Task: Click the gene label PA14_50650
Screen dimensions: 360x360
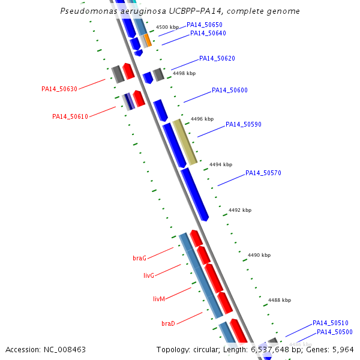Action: coord(204,25)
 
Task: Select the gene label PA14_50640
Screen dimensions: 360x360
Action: coord(208,33)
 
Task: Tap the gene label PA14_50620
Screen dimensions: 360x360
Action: coord(217,59)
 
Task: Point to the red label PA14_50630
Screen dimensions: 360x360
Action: coord(59,89)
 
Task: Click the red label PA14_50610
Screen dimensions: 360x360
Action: coord(70,116)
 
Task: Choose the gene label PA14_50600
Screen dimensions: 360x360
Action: coord(229,90)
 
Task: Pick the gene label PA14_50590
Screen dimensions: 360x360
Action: coord(243,125)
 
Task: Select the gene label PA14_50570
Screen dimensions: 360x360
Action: coord(263,173)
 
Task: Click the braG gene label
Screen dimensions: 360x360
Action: coord(139,258)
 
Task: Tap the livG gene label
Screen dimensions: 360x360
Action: coord(149,276)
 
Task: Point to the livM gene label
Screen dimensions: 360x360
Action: coord(159,299)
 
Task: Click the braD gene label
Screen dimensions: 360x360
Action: coord(168,324)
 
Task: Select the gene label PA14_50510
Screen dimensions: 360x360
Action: coord(330,323)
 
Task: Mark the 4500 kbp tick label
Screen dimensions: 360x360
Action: coord(167,28)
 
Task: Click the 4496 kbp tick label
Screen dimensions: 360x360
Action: coord(202,119)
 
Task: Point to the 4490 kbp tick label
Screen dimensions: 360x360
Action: coord(259,255)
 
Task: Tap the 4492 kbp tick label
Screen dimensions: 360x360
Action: coord(240,210)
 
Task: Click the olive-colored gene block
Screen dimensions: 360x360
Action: coord(185,142)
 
